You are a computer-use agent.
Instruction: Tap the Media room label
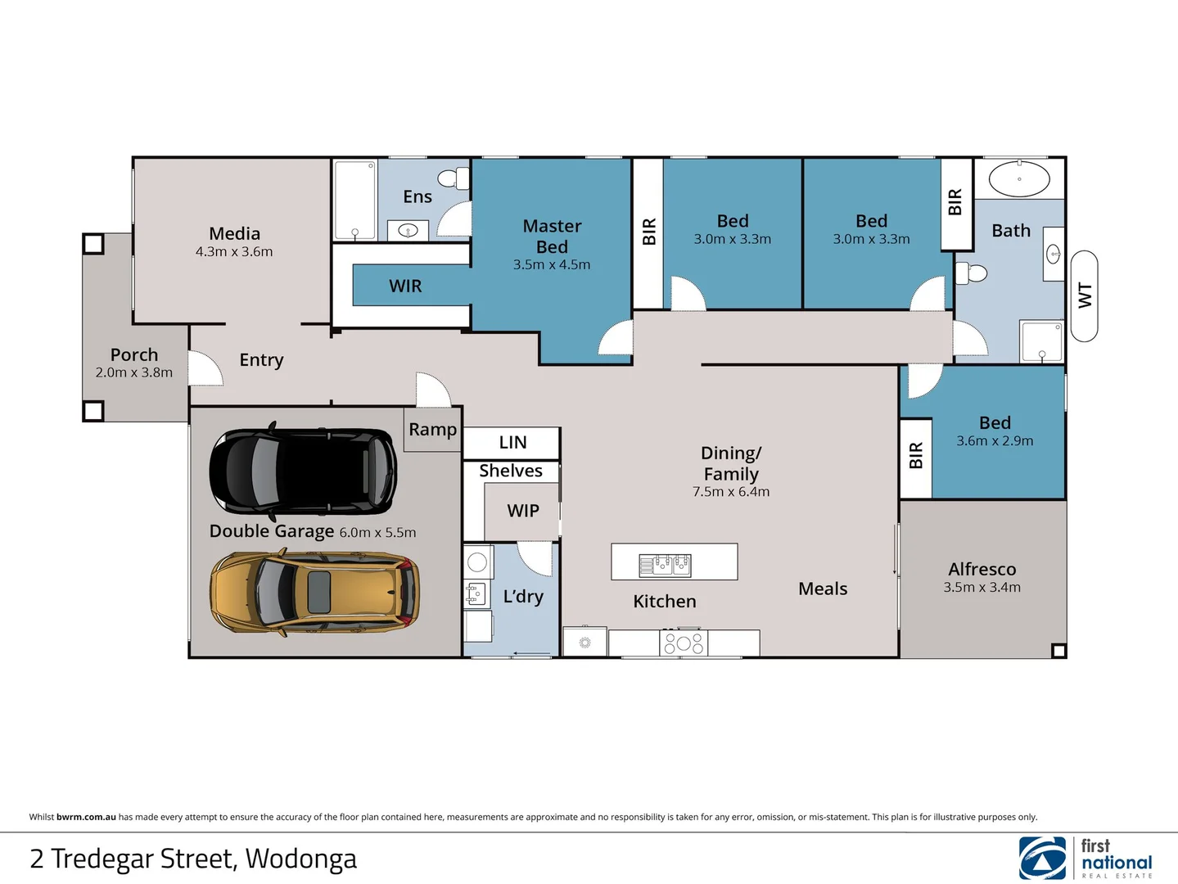[234, 234]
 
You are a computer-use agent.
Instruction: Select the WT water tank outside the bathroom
[1084, 295]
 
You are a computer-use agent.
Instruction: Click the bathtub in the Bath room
[1019, 178]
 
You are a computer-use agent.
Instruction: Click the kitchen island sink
[665, 564]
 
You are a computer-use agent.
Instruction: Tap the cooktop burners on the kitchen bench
[684, 643]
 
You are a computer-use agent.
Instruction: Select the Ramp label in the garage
[432, 430]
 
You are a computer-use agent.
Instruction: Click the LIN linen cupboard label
[512, 443]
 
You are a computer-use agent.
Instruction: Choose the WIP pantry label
[523, 512]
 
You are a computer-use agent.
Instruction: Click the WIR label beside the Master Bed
[405, 286]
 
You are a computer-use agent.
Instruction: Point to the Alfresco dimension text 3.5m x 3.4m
[982, 588]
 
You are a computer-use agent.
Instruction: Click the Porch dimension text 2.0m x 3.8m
[134, 372]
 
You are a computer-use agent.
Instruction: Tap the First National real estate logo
[1085, 858]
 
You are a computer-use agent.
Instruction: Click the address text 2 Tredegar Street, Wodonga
[193, 859]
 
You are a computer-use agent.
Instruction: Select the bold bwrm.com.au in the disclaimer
[86, 817]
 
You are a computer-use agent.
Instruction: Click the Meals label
[823, 589]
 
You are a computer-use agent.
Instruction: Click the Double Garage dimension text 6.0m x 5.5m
[377, 533]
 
